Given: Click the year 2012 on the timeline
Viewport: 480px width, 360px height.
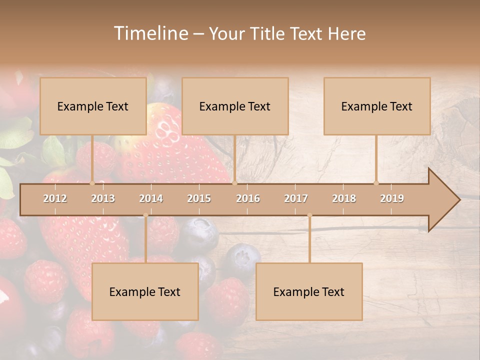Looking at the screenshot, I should click(55, 198).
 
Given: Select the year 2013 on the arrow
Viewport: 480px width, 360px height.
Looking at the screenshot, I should click(103, 198).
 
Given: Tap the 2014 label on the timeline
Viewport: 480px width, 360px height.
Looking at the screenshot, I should click(151, 198).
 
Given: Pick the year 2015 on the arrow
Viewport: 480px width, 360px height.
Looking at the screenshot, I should click(199, 198).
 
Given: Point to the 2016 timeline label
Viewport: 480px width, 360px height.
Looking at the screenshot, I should click(248, 198).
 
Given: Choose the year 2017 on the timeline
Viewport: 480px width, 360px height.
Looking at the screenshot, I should click(296, 198).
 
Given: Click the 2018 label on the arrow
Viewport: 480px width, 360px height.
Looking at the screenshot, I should click(344, 198).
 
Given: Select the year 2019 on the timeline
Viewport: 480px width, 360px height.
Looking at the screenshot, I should click(392, 198).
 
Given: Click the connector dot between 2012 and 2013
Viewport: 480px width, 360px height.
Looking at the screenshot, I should click(92, 183).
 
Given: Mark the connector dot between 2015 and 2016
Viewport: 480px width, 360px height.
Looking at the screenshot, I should click(234, 183).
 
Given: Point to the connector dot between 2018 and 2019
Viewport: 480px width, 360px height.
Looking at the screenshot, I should click(376, 183).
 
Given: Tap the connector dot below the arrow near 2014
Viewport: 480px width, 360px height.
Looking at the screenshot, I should click(145, 215).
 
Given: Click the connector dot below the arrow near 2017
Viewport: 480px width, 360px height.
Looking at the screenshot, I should click(309, 215).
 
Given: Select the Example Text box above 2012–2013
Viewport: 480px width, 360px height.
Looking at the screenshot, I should click(93, 106).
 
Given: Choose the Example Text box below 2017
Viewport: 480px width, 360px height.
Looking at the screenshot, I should click(309, 291).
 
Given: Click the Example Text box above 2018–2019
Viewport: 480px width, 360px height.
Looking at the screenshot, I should click(377, 106).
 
